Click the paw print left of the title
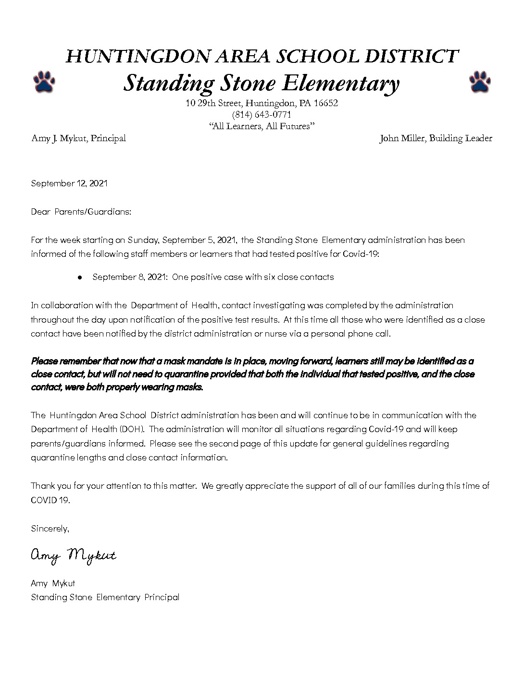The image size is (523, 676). (44, 82)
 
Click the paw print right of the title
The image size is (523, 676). (479, 82)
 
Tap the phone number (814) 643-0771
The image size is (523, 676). (261, 115)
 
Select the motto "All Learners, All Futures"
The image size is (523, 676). (261, 126)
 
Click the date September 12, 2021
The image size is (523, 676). (69, 183)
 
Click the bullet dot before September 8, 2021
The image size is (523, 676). (80, 278)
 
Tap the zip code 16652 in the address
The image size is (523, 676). (326, 103)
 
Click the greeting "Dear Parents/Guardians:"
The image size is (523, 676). (81, 212)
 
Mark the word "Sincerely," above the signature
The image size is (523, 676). (50, 529)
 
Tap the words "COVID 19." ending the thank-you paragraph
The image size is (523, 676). (50, 500)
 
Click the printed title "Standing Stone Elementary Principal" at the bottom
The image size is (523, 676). (105, 597)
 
